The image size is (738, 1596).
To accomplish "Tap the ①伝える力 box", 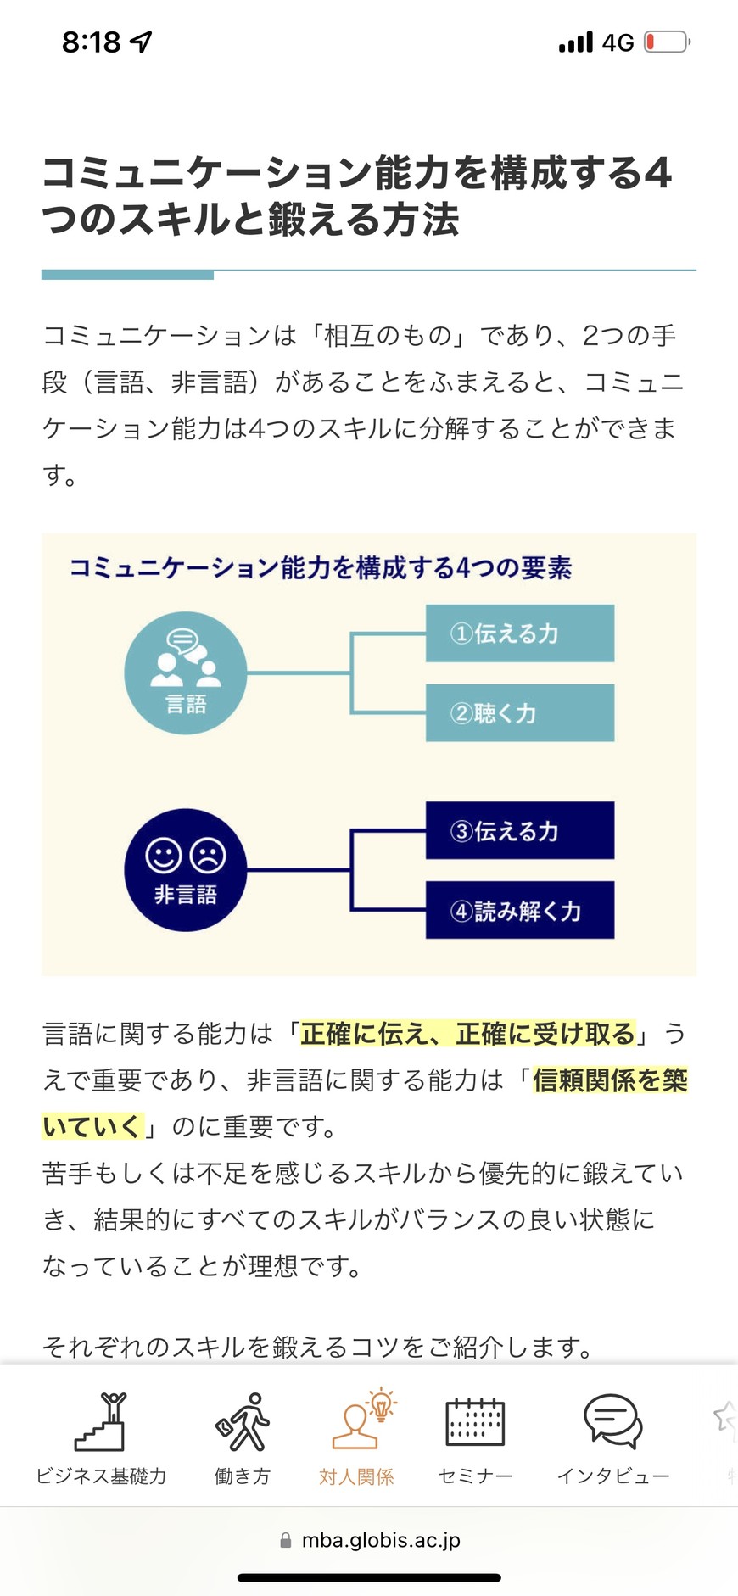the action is tap(520, 633).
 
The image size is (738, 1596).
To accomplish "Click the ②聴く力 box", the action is tap(520, 712).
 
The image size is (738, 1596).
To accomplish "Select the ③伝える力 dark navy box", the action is tap(520, 830).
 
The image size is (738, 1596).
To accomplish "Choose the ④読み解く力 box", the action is tap(520, 910).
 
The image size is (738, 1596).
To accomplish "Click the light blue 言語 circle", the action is tap(186, 672).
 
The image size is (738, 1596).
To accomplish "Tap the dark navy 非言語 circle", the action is tap(186, 870).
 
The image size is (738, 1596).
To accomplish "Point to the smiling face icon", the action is tap(164, 855).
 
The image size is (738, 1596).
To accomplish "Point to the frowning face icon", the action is tap(208, 855).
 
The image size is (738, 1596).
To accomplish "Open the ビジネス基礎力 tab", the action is tap(101, 1438).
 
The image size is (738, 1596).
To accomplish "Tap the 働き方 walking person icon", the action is tap(243, 1422).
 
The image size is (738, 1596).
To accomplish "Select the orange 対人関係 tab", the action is tap(357, 1438).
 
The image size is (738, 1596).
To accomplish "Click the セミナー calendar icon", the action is tap(475, 1422).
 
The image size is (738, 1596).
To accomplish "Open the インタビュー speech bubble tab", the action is tap(613, 1438).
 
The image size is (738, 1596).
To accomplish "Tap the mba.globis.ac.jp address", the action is tap(381, 1540).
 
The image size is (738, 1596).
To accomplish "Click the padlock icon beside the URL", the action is tap(286, 1540).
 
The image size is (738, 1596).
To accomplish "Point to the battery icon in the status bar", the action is tap(668, 42).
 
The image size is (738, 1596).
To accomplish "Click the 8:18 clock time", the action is tap(92, 42).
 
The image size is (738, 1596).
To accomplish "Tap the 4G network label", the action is tap(618, 42).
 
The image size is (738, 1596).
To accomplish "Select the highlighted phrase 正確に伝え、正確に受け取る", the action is tap(467, 1034).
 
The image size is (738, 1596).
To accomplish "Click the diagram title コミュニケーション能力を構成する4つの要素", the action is tap(321, 567).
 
